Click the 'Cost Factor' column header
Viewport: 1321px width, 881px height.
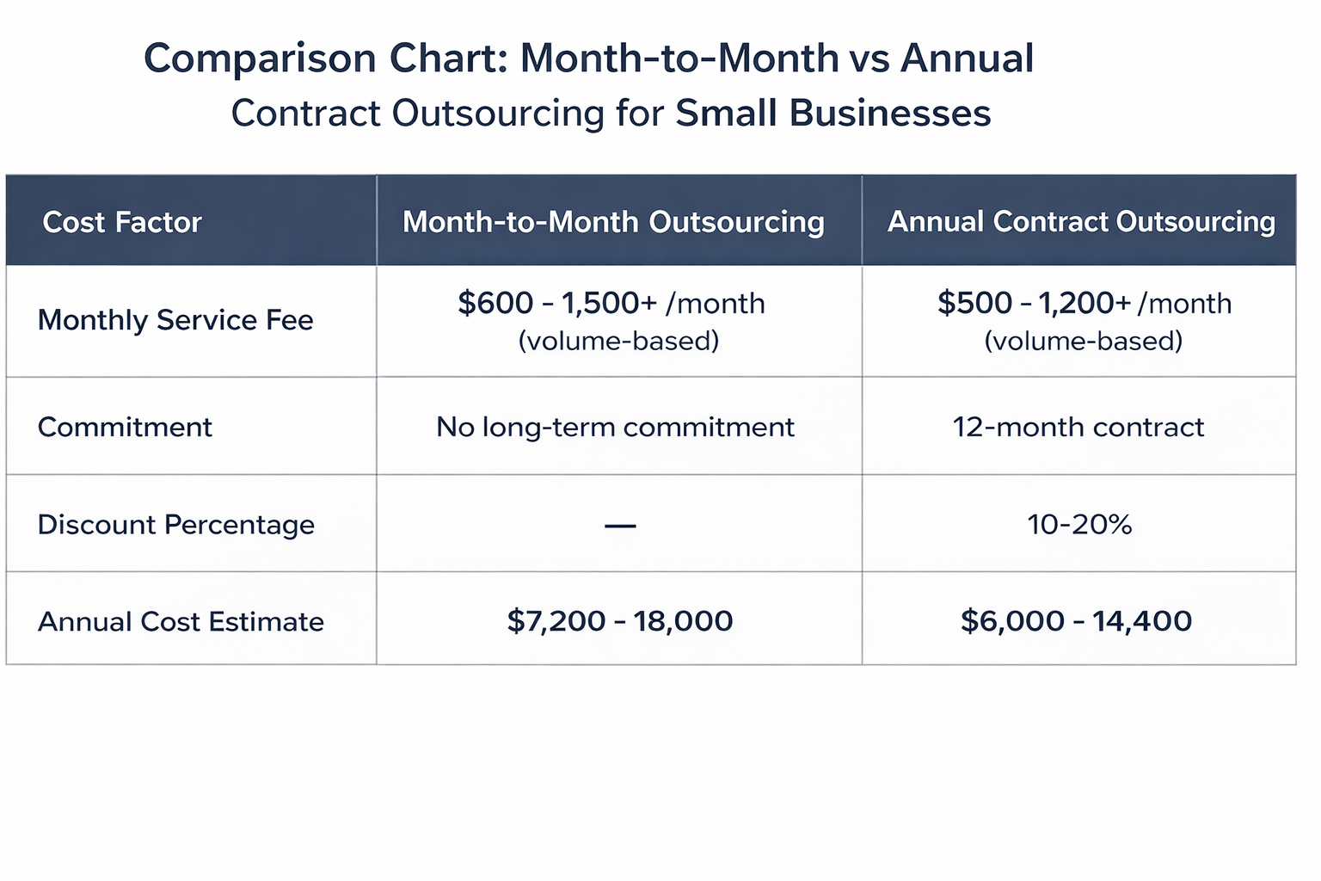(x=121, y=222)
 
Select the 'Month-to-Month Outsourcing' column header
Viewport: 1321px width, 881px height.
(x=613, y=222)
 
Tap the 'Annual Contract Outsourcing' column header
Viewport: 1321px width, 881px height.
(x=1081, y=222)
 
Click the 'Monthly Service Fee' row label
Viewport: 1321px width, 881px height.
(x=175, y=320)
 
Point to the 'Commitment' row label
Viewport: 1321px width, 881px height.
(x=125, y=427)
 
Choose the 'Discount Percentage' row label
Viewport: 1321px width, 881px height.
(x=175, y=524)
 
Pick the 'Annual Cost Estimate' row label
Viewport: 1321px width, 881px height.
(x=181, y=621)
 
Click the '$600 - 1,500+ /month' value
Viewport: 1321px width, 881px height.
(x=611, y=303)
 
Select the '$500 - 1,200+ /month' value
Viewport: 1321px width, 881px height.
(x=1084, y=303)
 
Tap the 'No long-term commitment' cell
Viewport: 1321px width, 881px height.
(x=615, y=427)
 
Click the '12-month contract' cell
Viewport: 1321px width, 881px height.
(x=1078, y=427)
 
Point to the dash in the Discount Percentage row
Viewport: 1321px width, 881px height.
(x=620, y=525)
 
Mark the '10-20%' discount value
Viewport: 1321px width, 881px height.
(x=1079, y=524)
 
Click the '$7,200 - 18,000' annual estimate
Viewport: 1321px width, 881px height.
(x=619, y=620)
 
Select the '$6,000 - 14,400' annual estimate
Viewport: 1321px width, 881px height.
(x=1076, y=620)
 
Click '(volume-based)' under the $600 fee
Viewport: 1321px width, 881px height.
(x=618, y=342)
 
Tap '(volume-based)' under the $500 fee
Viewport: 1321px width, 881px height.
(x=1083, y=342)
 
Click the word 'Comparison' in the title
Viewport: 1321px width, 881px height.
(x=260, y=59)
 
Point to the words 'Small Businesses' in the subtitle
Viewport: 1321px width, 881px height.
(x=833, y=114)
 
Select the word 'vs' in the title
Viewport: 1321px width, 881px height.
(x=869, y=59)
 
